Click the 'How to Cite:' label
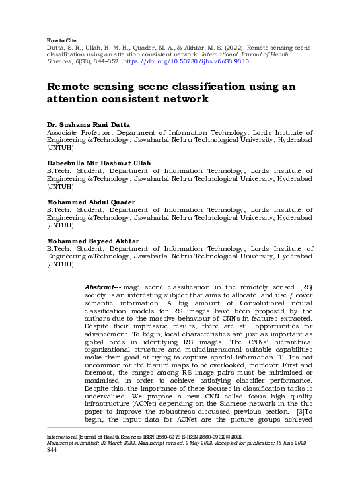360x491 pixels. pos(61,32)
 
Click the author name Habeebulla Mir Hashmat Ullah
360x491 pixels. pos(98,163)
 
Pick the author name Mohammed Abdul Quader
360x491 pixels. pos(90,201)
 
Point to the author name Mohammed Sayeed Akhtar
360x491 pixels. pos(92,239)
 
